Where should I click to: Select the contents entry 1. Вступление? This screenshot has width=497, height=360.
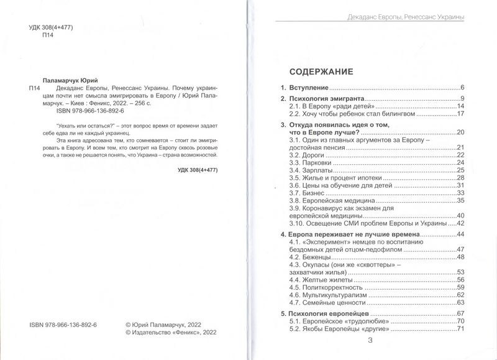304,88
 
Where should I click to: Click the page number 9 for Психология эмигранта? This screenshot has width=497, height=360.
462,99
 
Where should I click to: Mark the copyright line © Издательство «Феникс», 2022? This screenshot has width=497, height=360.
170,333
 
